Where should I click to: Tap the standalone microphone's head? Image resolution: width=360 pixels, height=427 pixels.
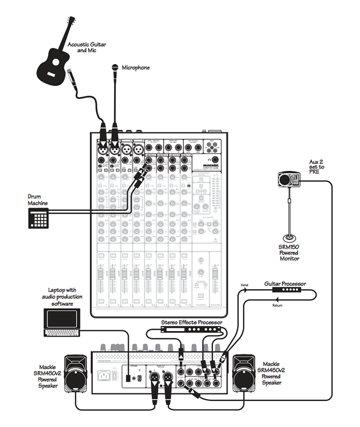114,68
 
